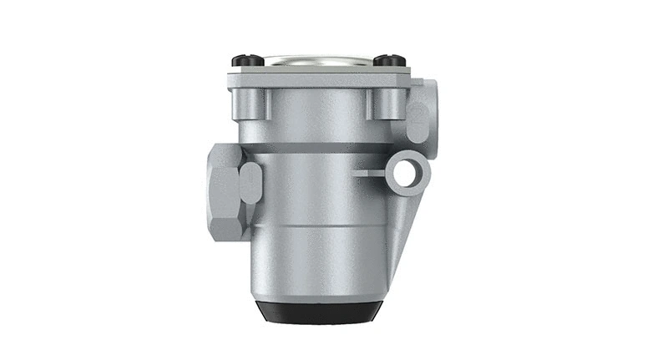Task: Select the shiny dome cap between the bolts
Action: [x=316, y=60]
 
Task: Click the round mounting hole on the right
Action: [x=407, y=174]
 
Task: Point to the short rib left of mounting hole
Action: [x=368, y=174]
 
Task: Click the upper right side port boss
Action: [x=423, y=112]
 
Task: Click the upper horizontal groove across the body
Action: [x=317, y=148]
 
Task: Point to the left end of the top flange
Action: [x=232, y=82]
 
